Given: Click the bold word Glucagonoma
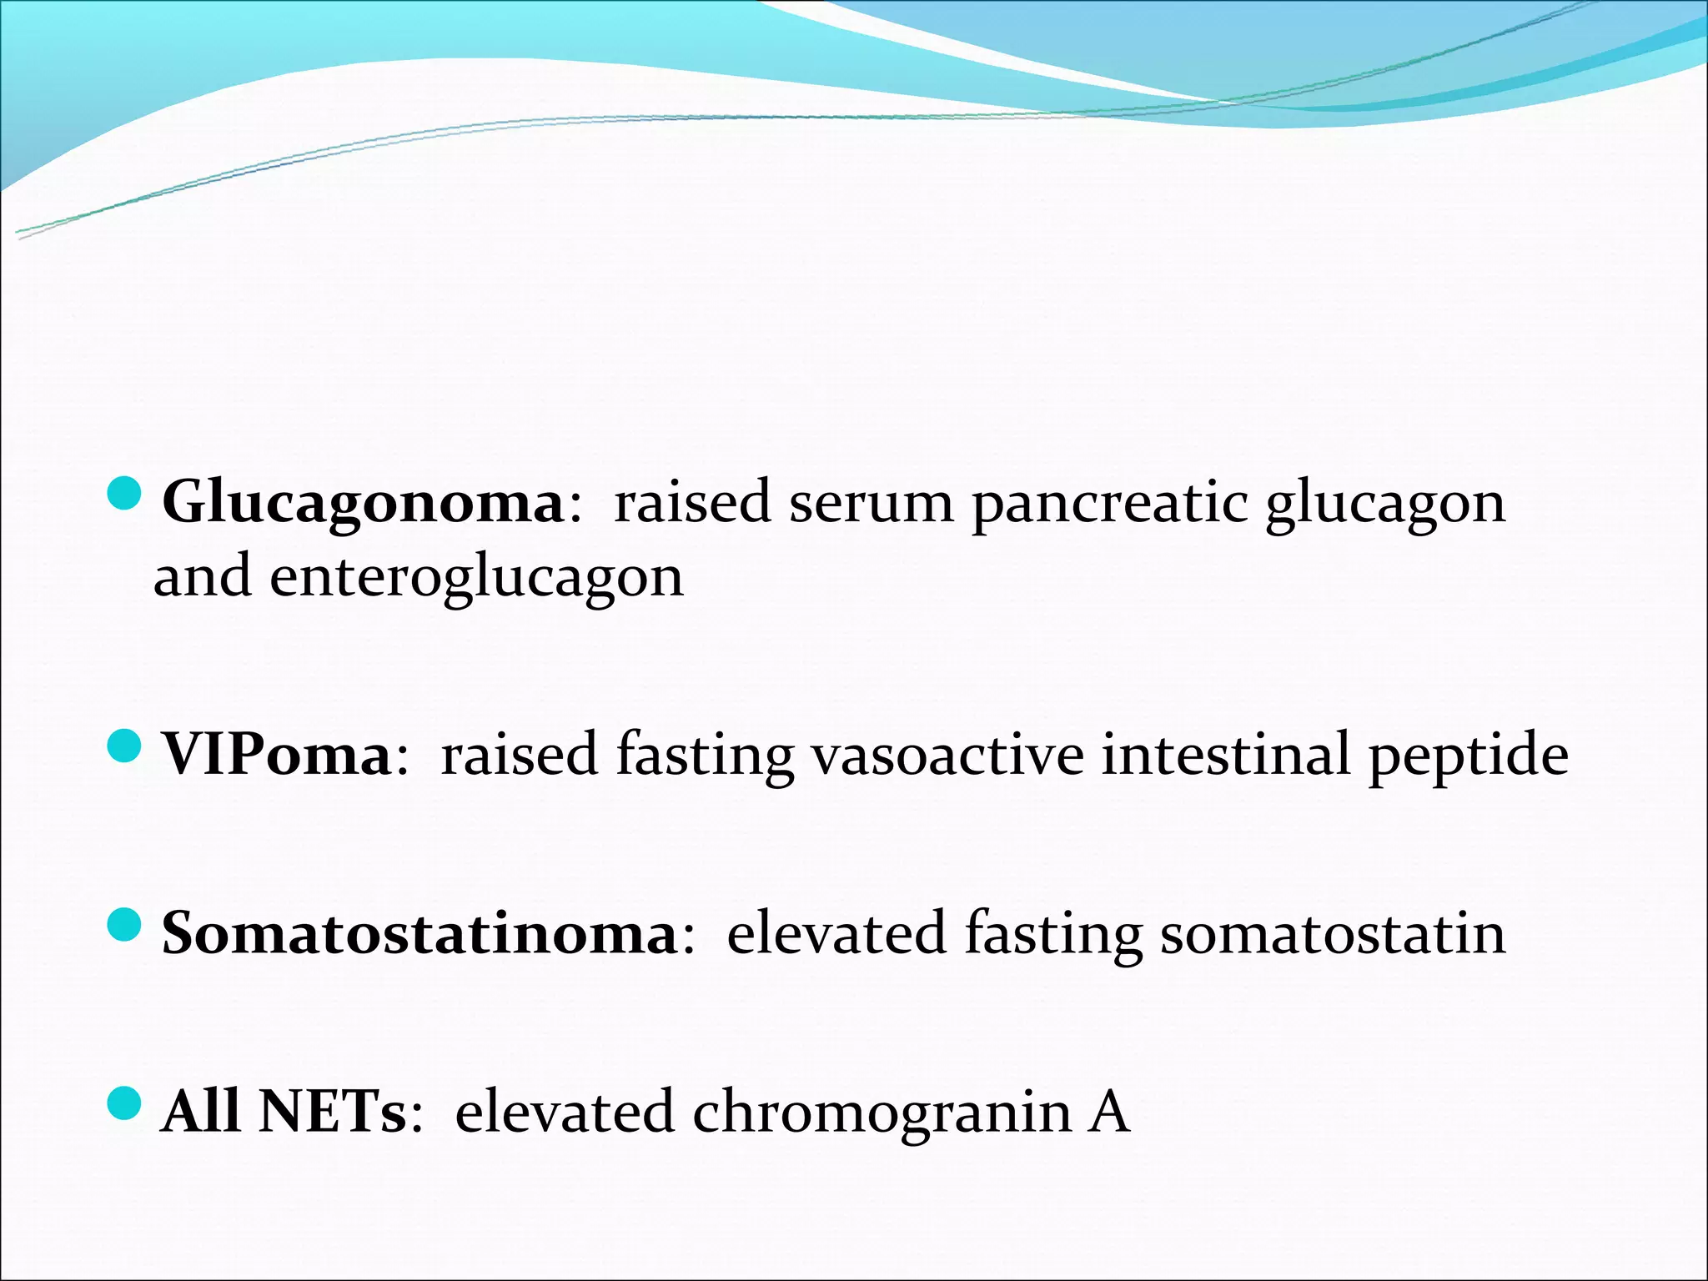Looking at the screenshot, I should point(364,504).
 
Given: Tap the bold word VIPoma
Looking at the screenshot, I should point(276,755).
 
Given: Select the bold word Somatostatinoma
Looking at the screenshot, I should point(419,933).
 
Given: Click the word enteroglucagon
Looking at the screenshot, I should point(476,578).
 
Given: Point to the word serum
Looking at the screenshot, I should point(872,504).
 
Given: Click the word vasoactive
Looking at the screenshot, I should point(947,755).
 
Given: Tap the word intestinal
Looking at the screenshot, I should point(1225,755).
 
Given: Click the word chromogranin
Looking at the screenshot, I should point(882,1114).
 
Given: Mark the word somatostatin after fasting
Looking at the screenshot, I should point(1333,933).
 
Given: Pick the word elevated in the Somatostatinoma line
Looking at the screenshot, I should point(836,933).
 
